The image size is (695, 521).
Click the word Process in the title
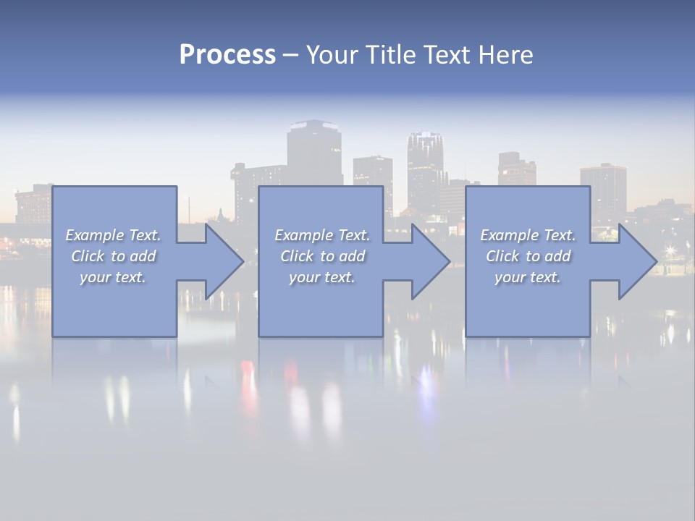coord(227,55)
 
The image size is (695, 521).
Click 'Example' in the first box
coord(95,235)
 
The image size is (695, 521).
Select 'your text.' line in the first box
coord(113,277)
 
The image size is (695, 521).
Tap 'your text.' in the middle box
coord(321,277)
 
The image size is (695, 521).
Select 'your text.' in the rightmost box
coord(527,277)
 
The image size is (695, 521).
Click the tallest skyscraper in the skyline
coord(314,152)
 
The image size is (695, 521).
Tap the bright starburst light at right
coord(670,250)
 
